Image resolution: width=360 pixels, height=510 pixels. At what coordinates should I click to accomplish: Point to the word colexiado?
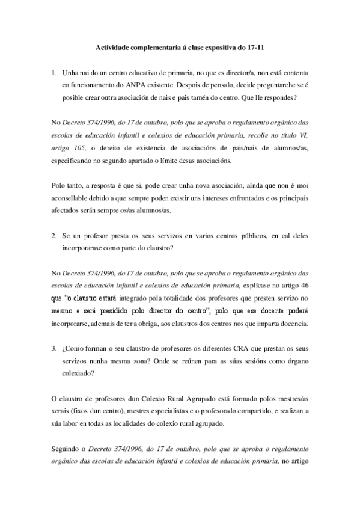tap(82, 371)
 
